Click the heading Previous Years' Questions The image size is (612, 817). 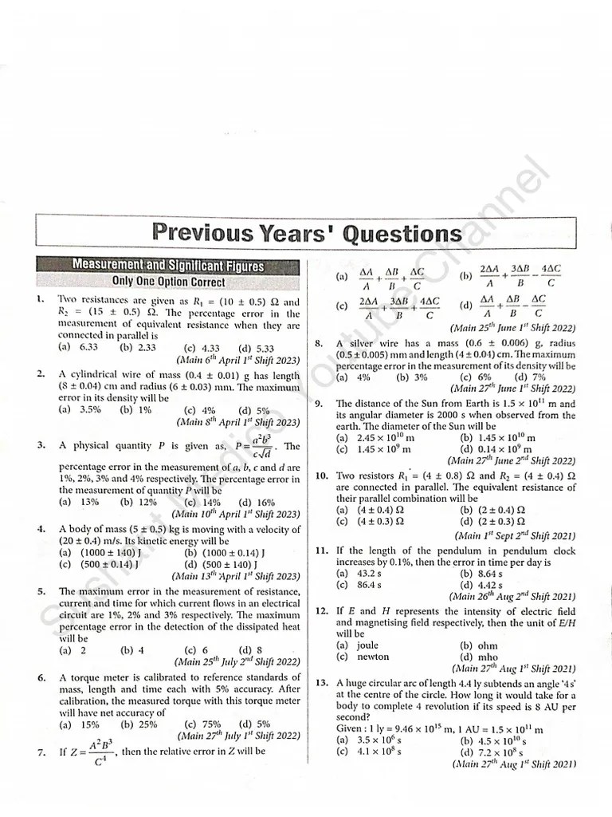(305, 233)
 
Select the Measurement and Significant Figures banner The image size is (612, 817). (168, 265)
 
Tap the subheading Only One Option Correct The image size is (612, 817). (168, 282)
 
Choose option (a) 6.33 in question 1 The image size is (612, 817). (77, 347)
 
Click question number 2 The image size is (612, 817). (40, 373)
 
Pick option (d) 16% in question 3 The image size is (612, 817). (256, 502)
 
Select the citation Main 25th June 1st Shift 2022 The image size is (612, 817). (512, 328)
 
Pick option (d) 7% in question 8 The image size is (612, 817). (530, 377)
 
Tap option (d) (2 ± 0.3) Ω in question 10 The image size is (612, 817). (492, 522)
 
